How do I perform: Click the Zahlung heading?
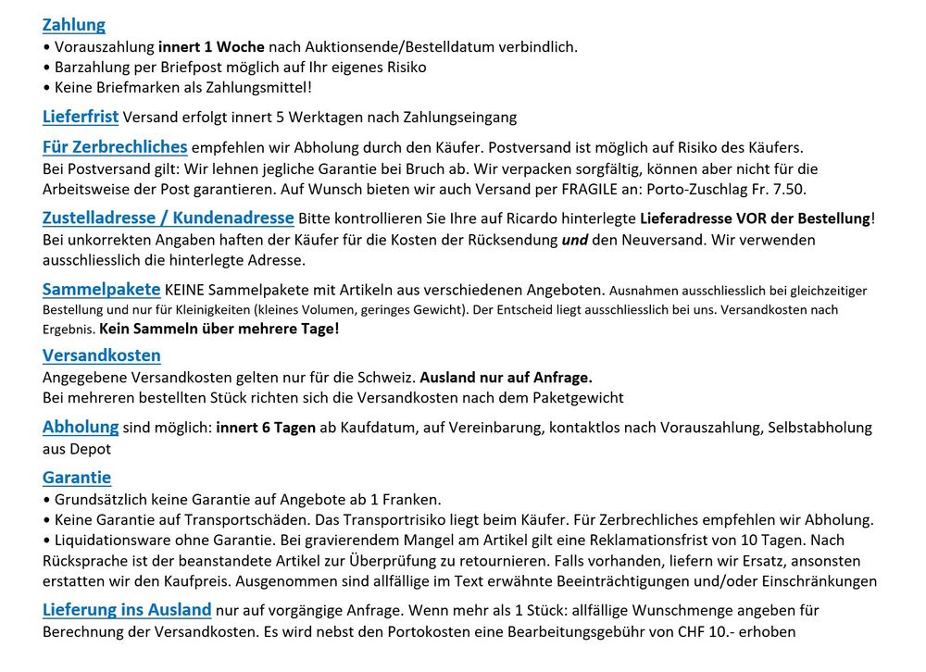click(74, 25)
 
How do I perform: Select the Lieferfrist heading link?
click(81, 117)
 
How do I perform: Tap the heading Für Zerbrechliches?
click(115, 147)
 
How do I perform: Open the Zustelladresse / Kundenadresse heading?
click(169, 218)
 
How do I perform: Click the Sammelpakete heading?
click(101, 290)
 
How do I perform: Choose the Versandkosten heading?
click(102, 355)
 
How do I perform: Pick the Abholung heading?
click(81, 427)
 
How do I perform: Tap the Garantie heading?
click(77, 478)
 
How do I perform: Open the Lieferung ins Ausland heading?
click(127, 610)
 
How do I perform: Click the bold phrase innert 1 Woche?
click(212, 46)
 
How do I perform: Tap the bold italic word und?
click(575, 240)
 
